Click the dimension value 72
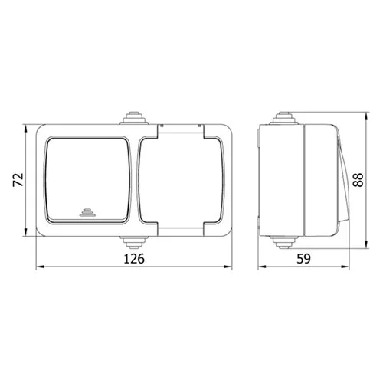pos(18,180)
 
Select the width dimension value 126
pos(134,258)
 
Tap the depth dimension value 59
pos(303,258)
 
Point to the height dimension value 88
pos(358,180)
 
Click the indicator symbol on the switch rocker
pos(87,213)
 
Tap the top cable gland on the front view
pos(134,118)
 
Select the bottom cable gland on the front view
pos(134,242)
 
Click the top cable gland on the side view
pos(283,118)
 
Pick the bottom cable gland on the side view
pos(283,242)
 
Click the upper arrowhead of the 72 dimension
pos(25,129)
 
